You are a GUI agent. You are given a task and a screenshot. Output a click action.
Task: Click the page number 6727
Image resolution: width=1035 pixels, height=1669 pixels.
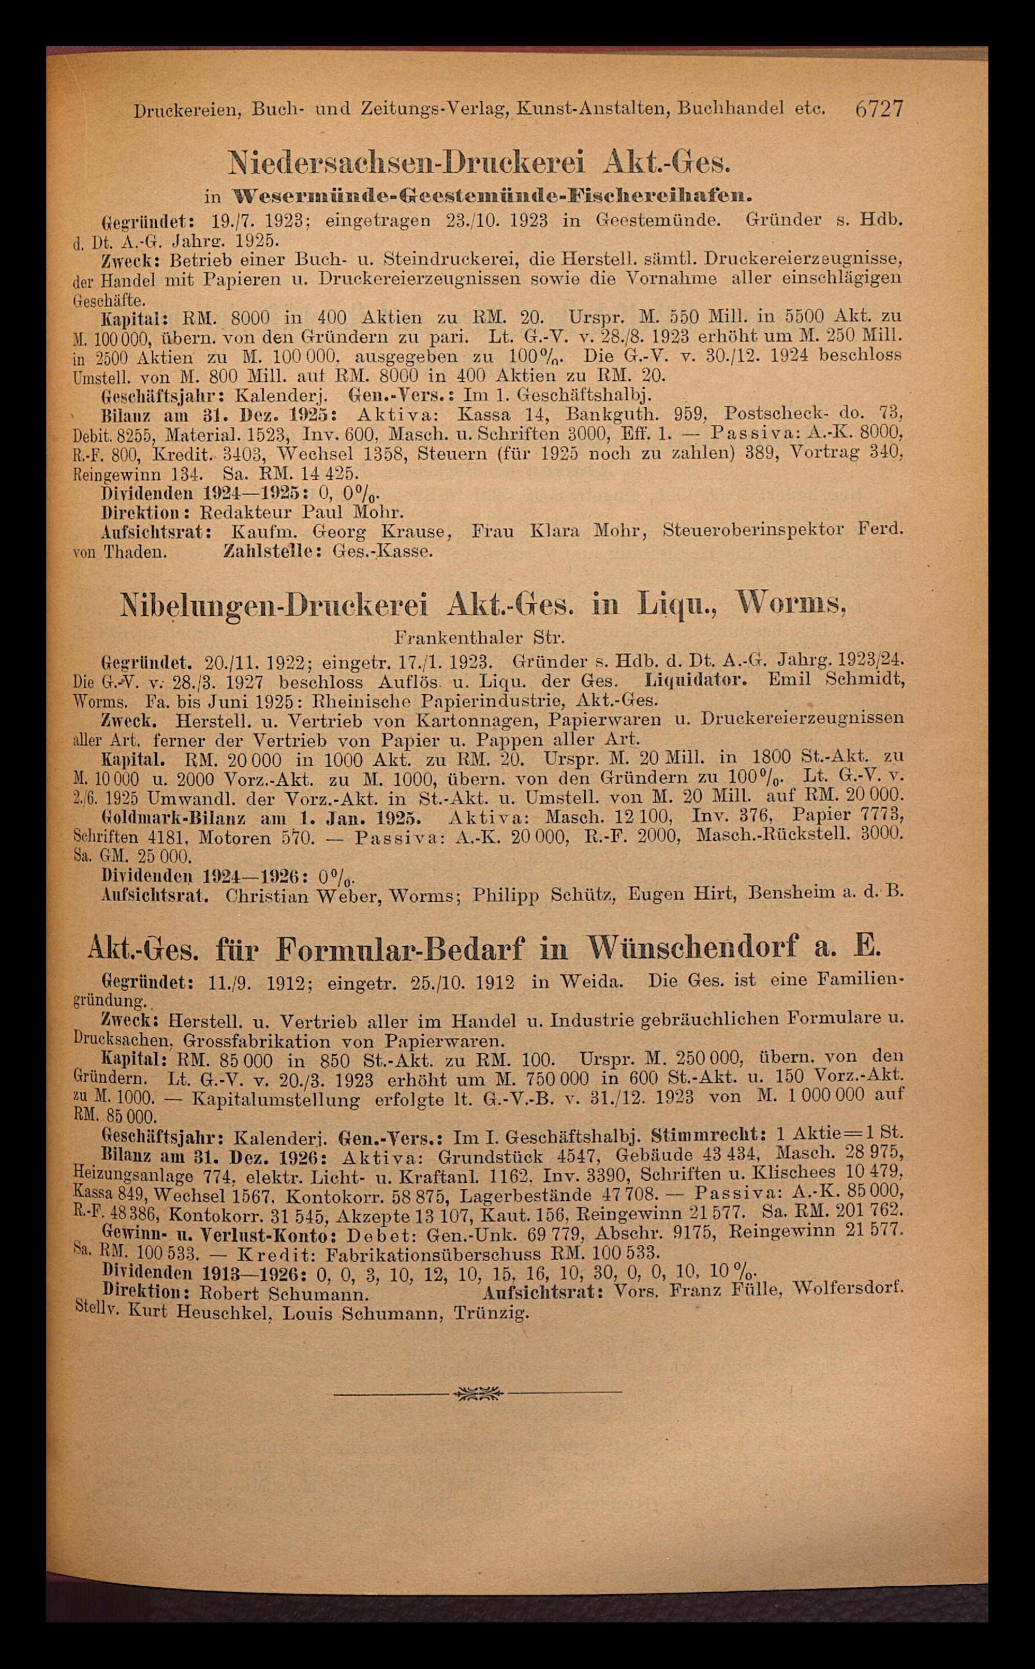click(x=879, y=109)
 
